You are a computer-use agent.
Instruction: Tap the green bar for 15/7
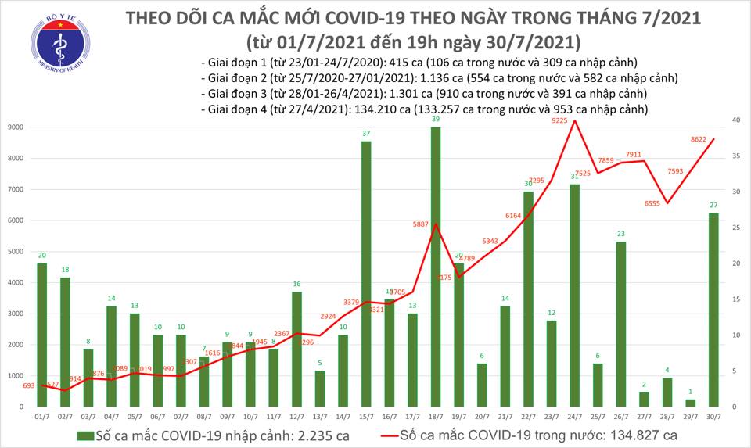[365, 274]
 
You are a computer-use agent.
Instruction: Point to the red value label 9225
[560, 120]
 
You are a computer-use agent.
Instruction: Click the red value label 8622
[699, 139]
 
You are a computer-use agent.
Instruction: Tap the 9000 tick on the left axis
[15, 127]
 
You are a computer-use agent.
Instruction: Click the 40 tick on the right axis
[738, 120]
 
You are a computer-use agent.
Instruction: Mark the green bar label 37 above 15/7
[365, 134]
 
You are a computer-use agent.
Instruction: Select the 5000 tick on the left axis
[15, 252]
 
